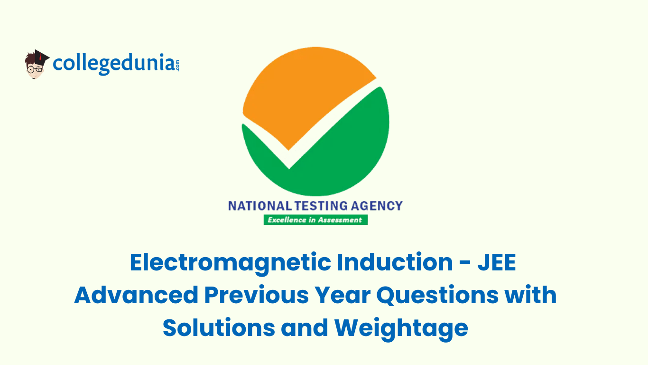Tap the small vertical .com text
pos(177,65)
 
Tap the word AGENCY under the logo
pos(377,206)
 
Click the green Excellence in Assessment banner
pos(315,220)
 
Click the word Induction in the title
pos(395,263)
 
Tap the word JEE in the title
pos(497,263)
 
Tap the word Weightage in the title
pos(401,327)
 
